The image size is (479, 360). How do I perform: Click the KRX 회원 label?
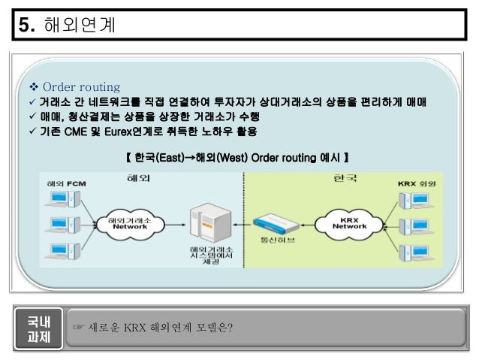[417, 183]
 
